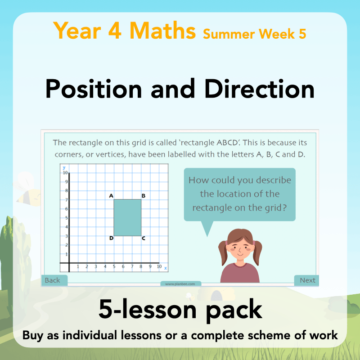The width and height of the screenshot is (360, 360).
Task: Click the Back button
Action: [53, 280]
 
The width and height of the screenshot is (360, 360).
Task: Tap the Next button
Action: [307, 280]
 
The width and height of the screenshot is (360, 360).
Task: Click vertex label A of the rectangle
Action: [111, 196]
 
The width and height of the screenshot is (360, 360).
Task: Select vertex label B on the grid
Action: [143, 196]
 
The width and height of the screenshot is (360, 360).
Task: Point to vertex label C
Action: [143, 238]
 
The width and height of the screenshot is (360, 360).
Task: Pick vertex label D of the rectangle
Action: [111, 238]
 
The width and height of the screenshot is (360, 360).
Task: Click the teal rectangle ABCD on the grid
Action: [127, 218]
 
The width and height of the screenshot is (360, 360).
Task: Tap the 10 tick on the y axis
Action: [65, 173]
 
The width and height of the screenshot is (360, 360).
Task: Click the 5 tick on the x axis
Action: [114, 267]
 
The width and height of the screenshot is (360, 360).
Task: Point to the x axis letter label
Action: [166, 268]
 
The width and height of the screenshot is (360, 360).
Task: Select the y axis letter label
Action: [64, 167]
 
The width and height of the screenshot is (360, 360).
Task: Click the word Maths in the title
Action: [163, 31]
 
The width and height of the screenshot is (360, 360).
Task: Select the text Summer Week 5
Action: [254, 33]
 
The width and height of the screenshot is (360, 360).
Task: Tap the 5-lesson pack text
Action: [180, 310]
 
